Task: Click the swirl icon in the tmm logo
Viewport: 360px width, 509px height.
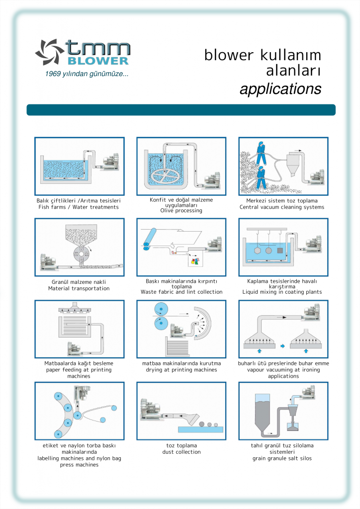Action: pyautogui.click(x=50, y=52)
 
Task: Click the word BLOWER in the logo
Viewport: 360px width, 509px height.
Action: pyautogui.click(x=98, y=61)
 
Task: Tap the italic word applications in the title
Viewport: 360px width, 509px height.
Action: pyautogui.click(x=280, y=89)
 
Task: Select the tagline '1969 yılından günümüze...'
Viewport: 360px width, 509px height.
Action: pyautogui.click(x=87, y=74)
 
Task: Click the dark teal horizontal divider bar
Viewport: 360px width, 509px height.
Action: pyautogui.click(x=181, y=110)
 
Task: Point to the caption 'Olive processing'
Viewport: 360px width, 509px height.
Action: pyautogui.click(x=181, y=211)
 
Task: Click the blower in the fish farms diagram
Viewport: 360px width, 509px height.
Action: pyautogui.click(x=110, y=162)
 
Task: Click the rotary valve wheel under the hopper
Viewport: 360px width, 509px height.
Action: pyautogui.click(x=81, y=253)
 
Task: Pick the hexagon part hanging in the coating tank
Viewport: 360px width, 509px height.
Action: pyautogui.click(x=258, y=251)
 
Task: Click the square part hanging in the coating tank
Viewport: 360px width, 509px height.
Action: pyautogui.click(x=280, y=251)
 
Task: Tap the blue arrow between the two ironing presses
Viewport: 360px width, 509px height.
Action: pyautogui.click(x=282, y=346)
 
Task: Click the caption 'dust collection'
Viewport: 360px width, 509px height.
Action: pyautogui.click(x=181, y=452)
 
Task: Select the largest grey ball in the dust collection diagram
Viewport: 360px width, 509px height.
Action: pyautogui.click(x=201, y=424)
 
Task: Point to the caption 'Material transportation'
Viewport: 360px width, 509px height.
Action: pyautogui.click(x=79, y=288)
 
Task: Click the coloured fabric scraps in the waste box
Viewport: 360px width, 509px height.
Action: pyautogui.click(x=195, y=260)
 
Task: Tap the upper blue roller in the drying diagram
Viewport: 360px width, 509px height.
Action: pyautogui.click(x=161, y=308)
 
